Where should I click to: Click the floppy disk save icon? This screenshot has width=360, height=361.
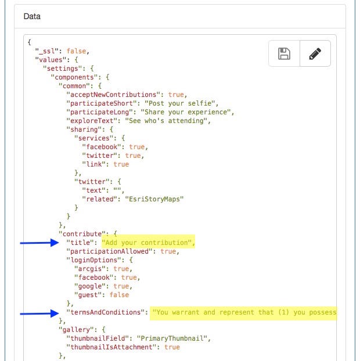click(284, 53)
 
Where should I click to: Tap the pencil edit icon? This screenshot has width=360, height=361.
click(315, 53)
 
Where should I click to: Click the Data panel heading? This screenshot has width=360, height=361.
click(32, 16)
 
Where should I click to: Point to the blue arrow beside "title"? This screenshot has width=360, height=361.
click(39, 243)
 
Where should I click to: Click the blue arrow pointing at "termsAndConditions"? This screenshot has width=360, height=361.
click(39, 313)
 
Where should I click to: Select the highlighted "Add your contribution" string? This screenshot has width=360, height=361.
click(147, 243)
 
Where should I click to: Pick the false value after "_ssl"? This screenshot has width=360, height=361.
click(76, 51)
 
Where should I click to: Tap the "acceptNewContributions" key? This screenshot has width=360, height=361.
click(113, 95)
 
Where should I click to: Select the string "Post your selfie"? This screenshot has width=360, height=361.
click(180, 103)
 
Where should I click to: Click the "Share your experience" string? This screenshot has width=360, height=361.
click(186, 112)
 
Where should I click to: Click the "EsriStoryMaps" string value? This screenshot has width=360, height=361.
click(154, 199)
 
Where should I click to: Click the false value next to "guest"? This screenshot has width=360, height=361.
click(119, 295)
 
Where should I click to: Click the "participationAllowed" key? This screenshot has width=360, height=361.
click(109, 251)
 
